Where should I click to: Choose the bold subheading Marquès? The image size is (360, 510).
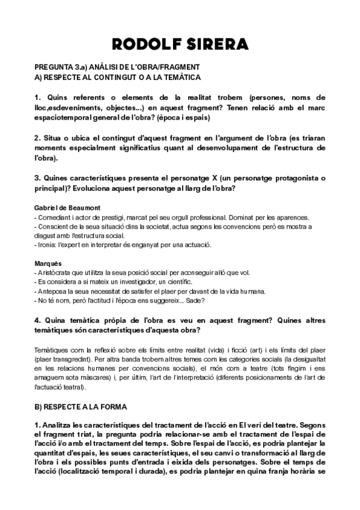coord(47,263)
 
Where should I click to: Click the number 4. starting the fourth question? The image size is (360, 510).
coord(38,321)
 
